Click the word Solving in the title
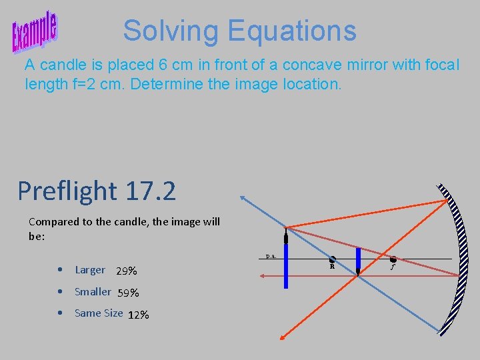170,31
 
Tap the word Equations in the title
292,31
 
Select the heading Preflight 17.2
97,191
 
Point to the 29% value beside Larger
127,271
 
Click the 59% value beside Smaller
128,293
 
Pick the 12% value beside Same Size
138,315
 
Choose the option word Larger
90,270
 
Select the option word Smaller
93,291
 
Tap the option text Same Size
99,313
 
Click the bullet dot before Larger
61,271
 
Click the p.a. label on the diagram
271,255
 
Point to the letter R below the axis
332,266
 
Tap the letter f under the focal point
393,267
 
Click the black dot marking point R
332,259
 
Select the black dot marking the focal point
393,259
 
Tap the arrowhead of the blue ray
243,197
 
